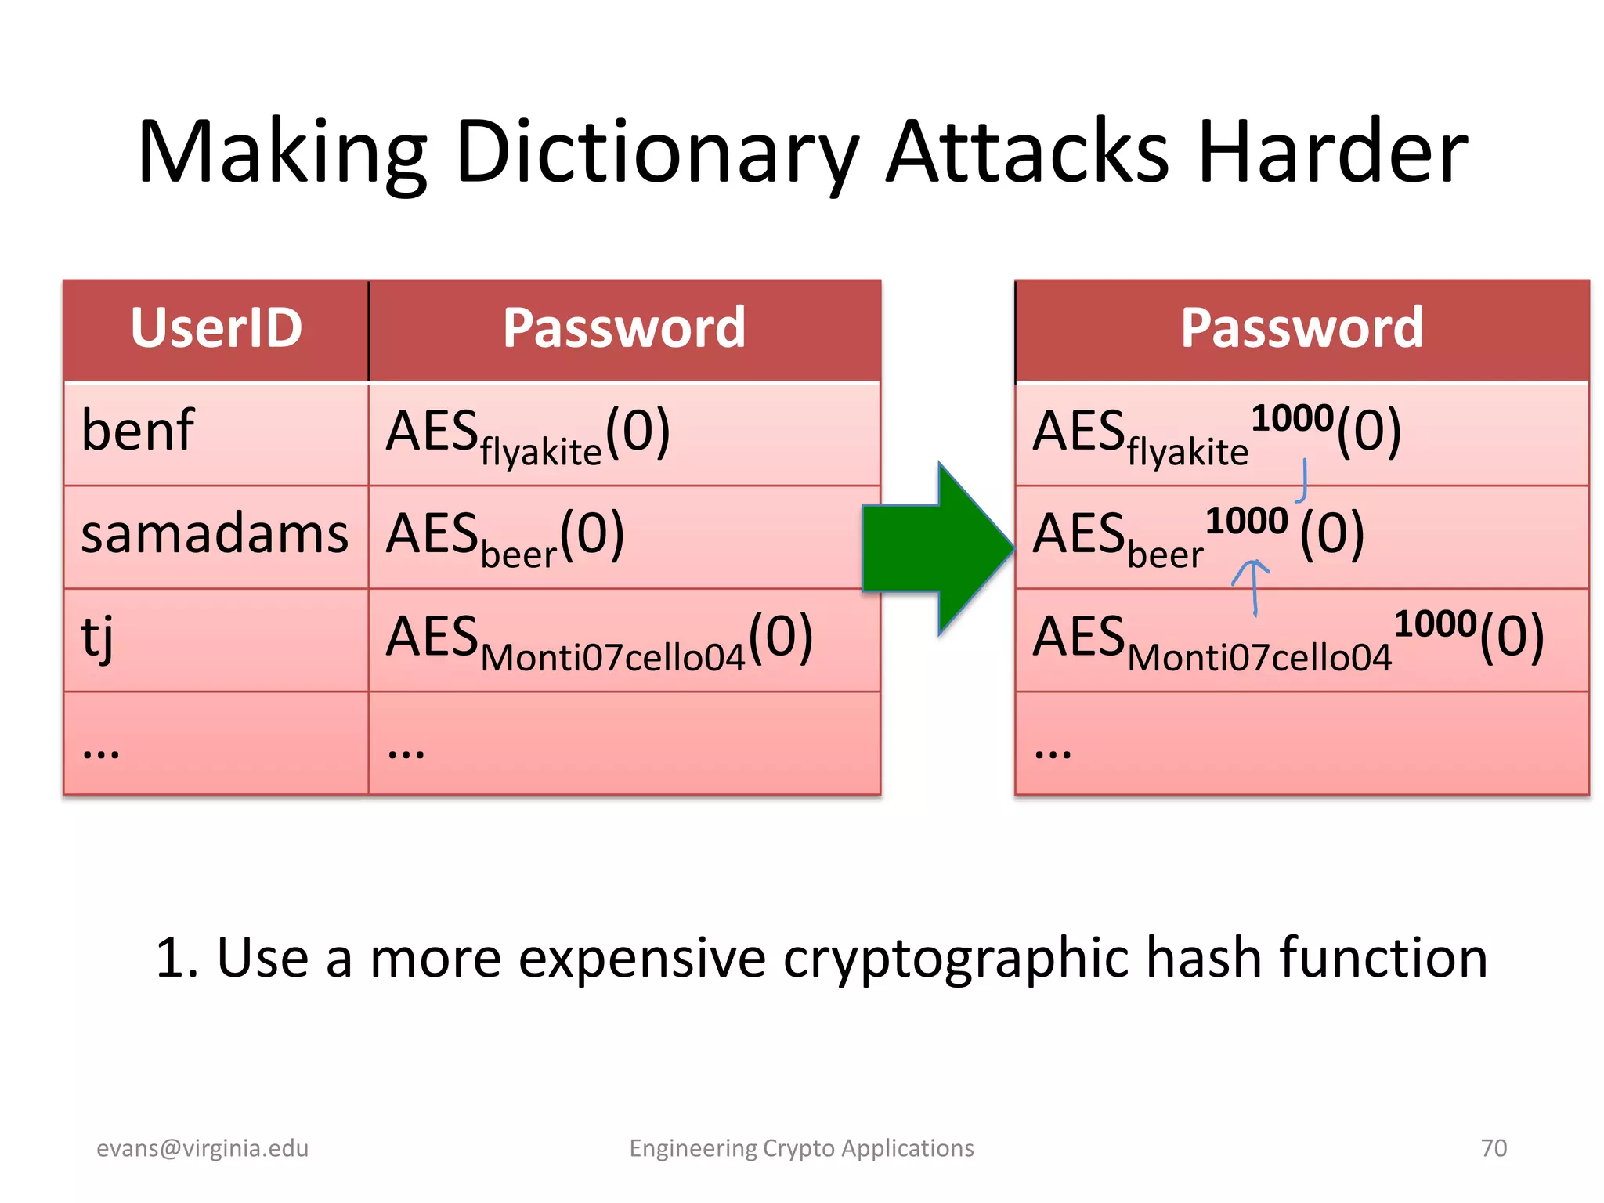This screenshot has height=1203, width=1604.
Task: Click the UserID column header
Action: point(216,328)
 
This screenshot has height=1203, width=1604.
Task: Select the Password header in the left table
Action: point(623,328)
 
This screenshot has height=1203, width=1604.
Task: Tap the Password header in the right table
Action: point(1301,328)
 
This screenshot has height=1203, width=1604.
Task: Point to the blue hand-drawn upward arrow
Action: point(1252,583)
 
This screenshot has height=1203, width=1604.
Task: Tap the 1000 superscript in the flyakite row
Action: point(1292,418)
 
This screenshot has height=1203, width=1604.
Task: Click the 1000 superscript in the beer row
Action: point(1246,521)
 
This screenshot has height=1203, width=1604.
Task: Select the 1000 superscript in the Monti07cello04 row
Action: point(1435,624)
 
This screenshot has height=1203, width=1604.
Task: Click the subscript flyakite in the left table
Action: point(540,453)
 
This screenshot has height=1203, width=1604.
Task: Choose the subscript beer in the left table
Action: point(518,555)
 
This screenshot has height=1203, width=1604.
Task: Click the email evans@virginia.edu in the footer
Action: point(202,1148)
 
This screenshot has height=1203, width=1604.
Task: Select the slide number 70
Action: point(1494,1148)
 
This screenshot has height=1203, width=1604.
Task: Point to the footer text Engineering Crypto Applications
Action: point(801,1148)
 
